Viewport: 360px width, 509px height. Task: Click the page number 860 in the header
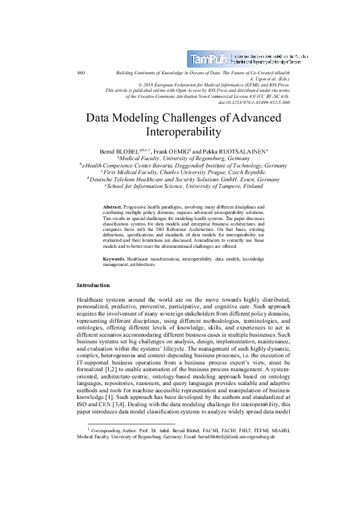[80, 73]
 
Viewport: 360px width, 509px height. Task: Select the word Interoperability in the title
[180, 131]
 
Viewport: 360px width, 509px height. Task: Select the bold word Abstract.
[114, 206]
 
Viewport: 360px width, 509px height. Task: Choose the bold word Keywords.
[114, 258]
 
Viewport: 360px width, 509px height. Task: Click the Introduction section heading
[93, 284]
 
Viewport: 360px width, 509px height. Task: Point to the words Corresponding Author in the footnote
[113, 464]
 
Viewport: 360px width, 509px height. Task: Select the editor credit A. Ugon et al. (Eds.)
[269, 79]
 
